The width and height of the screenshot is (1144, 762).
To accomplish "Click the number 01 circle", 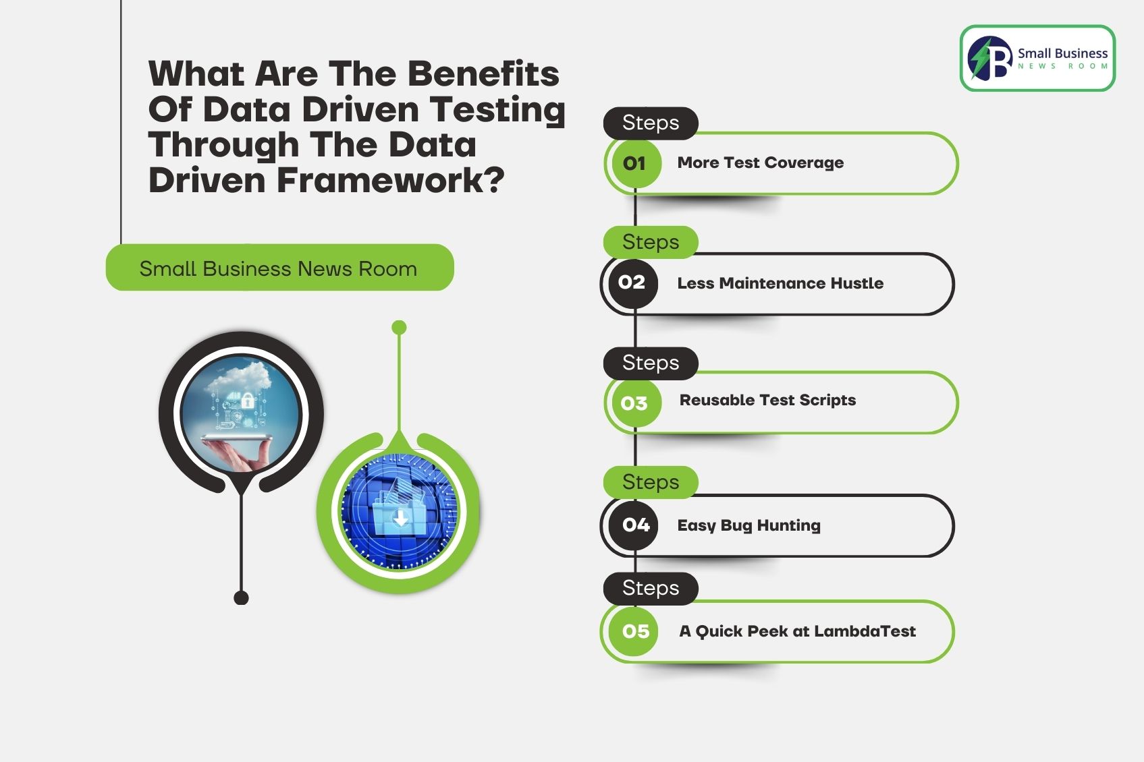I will [634, 163].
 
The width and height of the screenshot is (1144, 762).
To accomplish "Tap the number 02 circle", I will [632, 283].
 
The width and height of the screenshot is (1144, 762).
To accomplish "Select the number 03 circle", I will [634, 403].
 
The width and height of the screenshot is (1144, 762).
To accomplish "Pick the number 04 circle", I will [635, 525].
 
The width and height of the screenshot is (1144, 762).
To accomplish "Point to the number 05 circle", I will [635, 632].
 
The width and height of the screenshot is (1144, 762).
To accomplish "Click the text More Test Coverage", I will [760, 163].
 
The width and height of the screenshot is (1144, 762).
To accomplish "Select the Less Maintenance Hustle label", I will [780, 283].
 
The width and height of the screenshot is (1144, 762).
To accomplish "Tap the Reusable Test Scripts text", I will [767, 401].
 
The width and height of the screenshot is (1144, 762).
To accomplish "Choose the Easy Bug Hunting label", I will [748, 525].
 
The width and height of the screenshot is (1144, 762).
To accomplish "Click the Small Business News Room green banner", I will [279, 268].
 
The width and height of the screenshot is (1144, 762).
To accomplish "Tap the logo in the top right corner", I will [1037, 59].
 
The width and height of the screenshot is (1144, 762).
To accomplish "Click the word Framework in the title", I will [390, 180].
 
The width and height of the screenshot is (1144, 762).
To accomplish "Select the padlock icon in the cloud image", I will [247, 400].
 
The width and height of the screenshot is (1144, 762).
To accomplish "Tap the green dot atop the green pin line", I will [399, 328].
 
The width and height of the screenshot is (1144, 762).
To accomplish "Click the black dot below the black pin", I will [241, 597].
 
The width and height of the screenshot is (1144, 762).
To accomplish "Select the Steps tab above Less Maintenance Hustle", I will [650, 242].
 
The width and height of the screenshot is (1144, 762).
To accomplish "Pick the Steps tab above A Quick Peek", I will [650, 588].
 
